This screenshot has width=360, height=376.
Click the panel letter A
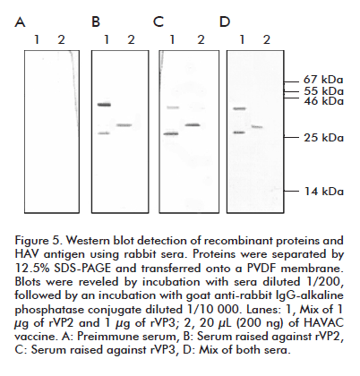20,21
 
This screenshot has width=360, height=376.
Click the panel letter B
96,21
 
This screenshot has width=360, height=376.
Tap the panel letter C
159,21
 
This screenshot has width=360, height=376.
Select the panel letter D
225,21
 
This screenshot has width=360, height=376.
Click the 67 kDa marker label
323,80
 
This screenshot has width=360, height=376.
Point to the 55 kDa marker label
323,91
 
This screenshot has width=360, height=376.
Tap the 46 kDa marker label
323,101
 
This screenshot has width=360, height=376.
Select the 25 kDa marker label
323,138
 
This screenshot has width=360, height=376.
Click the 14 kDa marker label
324,192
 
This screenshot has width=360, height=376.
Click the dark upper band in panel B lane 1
104,105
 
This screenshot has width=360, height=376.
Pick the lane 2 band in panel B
124,125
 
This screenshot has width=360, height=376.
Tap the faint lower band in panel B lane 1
104,133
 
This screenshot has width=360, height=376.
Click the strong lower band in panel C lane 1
171,134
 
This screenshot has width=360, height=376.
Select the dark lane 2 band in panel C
193,125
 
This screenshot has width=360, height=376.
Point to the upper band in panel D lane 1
239,109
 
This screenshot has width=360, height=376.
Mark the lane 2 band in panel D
257,127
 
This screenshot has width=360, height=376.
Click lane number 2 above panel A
61,39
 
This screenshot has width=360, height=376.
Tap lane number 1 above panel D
242,39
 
